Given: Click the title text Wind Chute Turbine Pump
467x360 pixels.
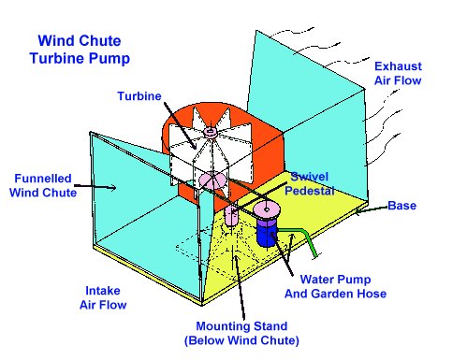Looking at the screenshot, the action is tap(80, 50).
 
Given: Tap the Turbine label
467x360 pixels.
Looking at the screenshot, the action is tap(139, 96).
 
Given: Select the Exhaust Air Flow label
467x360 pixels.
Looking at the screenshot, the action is tap(398, 73).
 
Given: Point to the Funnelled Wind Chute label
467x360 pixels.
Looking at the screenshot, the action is tap(43, 185).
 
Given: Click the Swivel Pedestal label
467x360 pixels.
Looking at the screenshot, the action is tap(310, 183).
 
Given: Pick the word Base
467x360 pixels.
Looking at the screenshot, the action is tap(401, 206).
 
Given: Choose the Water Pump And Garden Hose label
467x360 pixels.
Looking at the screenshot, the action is tap(335, 286).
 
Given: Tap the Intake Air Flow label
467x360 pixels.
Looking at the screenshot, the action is tap(103, 297).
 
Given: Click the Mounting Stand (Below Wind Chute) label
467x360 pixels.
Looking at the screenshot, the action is tap(241, 333).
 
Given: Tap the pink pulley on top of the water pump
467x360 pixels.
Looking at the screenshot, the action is tap(266, 210).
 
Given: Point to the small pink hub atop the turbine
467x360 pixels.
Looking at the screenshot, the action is tap(210, 131).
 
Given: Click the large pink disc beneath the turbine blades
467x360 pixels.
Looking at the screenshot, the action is tap(212, 180).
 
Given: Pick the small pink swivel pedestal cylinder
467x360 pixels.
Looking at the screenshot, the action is tap(231, 215).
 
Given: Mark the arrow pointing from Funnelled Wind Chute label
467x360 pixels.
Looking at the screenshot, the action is tap(95, 186).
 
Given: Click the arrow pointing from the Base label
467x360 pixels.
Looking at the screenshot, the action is tap(372, 209).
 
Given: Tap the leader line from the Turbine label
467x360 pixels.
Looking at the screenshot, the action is tap(181, 125).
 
